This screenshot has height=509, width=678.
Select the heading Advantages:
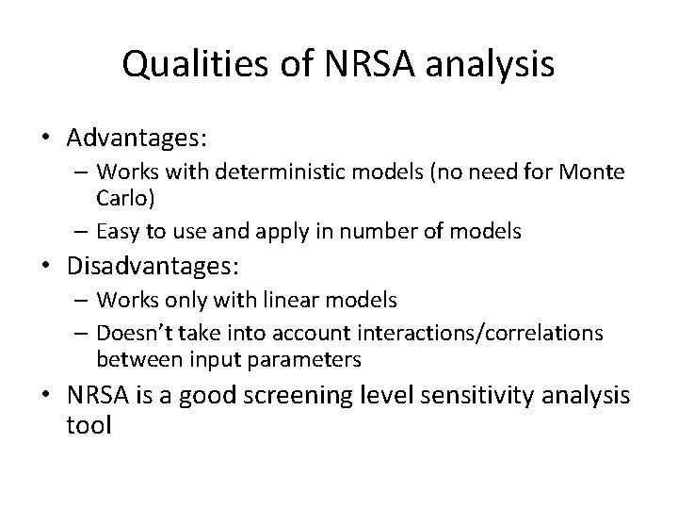(x=137, y=138)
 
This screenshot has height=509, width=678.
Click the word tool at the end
(x=89, y=424)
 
